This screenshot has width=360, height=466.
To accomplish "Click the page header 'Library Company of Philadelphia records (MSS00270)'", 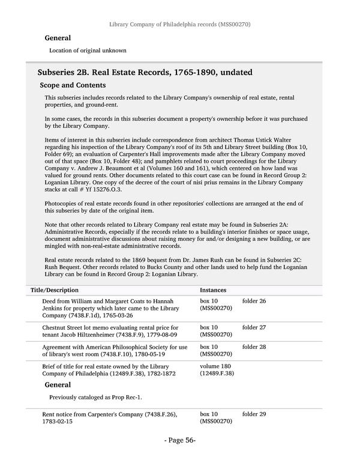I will point(179,25).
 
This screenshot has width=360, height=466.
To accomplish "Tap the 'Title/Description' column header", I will point(55,290).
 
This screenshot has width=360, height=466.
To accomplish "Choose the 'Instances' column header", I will point(213,290).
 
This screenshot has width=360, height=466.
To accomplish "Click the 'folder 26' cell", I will point(254,301).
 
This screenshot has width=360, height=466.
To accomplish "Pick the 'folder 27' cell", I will point(254,327).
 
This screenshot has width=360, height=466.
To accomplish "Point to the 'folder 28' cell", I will point(254,347).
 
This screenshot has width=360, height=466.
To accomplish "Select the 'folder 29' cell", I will point(254,414).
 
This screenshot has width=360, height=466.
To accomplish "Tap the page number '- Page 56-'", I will point(180,441).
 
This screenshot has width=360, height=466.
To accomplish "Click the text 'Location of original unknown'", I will point(88,50).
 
